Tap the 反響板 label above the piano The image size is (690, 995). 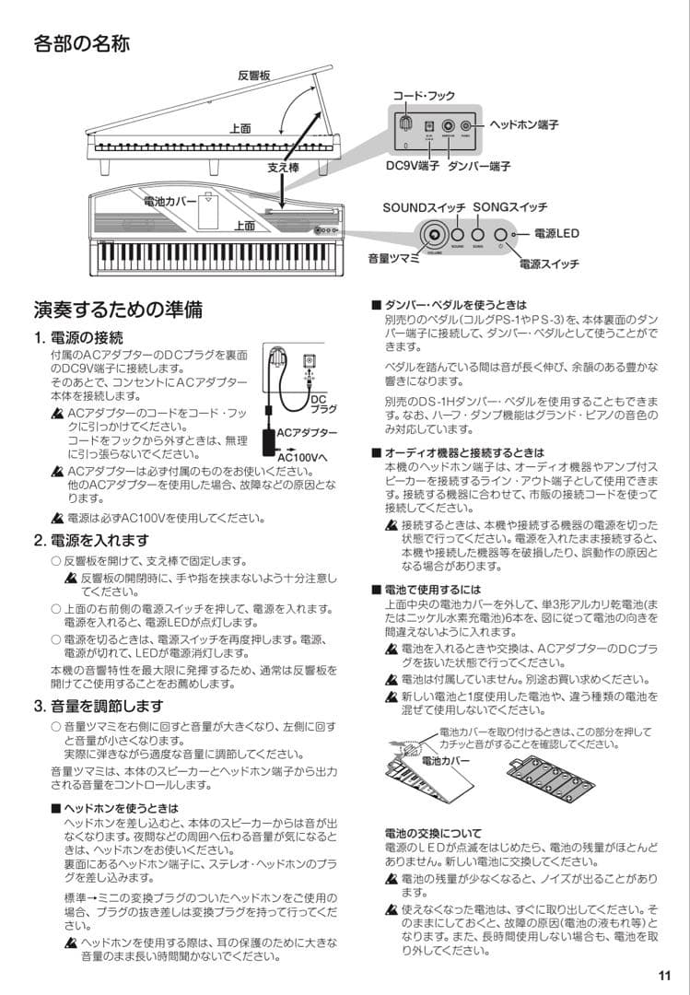[253, 76]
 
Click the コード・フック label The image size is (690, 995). [424, 96]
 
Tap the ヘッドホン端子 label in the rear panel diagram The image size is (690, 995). [523, 123]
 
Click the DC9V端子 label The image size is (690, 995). [412, 167]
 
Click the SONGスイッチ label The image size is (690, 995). [510, 207]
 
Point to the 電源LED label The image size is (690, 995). [556, 233]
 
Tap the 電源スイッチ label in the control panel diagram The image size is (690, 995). [549, 264]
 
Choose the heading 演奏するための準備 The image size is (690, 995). [118, 310]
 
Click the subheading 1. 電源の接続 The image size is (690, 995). [78, 338]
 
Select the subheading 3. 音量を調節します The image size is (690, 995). [98, 707]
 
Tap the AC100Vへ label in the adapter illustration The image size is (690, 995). [303, 453]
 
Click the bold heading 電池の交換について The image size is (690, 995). [432, 834]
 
